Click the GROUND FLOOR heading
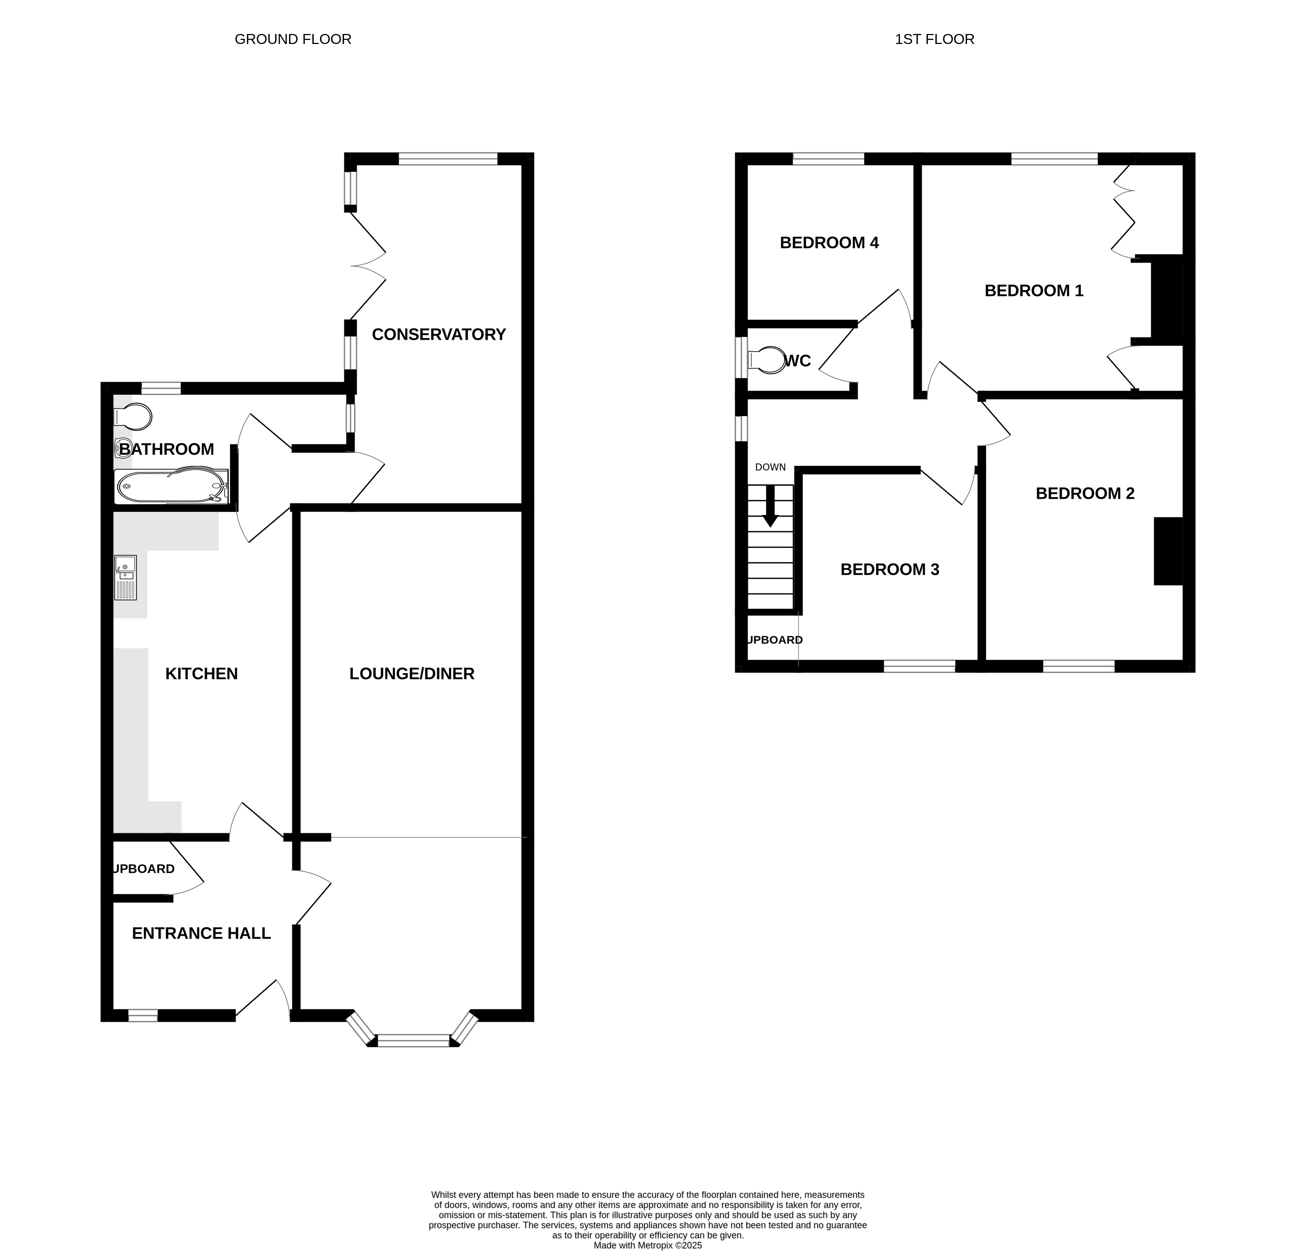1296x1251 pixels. tap(293, 40)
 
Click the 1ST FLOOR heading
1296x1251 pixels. tap(934, 40)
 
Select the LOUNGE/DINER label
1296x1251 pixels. tap(412, 674)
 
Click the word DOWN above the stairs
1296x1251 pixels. tap(771, 468)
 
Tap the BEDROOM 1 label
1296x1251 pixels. tap(1034, 291)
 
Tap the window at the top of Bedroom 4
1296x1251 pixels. tap(829, 159)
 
